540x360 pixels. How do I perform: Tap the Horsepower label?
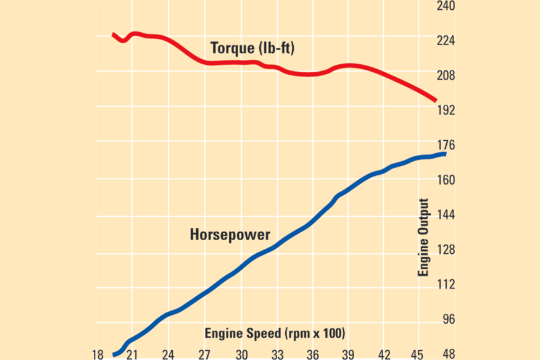click(x=230, y=235)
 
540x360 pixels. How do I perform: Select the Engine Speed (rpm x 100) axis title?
click(x=275, y=333)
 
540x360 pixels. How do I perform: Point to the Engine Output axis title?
click(x=423, y=238)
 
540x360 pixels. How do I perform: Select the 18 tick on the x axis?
click(x=98, y=354)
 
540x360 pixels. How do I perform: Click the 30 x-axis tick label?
click(x=241, y=354)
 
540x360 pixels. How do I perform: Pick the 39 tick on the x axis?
click(x=348, y=354)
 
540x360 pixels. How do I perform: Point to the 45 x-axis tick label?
click(x=418, y=354)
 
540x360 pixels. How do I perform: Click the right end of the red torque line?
click(x=435, y=100)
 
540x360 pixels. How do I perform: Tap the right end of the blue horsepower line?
click(x=444, y=154)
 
